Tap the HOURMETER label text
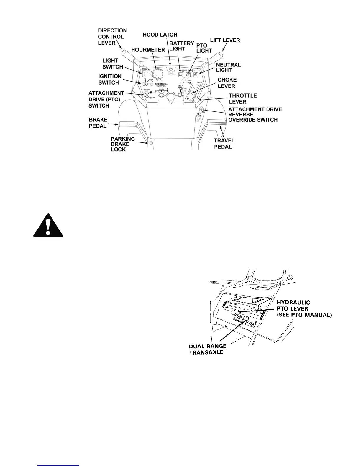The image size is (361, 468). tap(149, 50)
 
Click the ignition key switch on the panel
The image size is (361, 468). tap(145, 84)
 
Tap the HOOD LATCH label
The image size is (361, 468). tap(160, 35)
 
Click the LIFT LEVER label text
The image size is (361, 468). tap(225, 40)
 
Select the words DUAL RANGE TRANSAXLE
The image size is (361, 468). tap(208, 349)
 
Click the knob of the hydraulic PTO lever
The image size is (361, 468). tap(234, 313)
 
